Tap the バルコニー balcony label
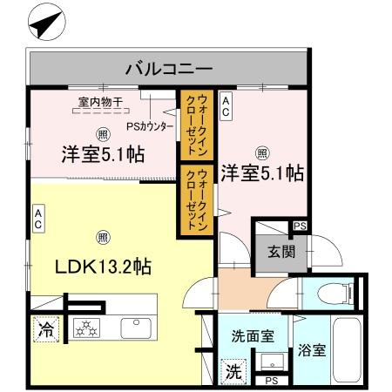point(169,66)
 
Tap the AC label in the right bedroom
point(226,107)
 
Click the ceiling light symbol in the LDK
point(102,236)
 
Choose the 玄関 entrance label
point(280,253)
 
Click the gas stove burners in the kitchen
point(87,329)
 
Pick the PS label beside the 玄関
point(300,226)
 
